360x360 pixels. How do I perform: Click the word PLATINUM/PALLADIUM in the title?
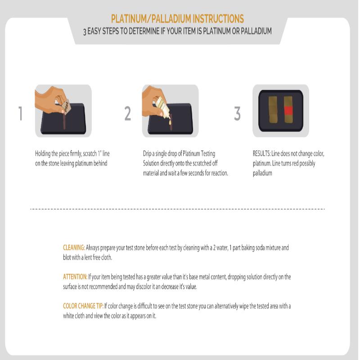tap(151, 19)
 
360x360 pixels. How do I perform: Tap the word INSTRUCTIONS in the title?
tap(218, 19)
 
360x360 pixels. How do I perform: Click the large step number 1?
tap(20, 113)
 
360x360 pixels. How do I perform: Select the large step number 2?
tap(128, 113)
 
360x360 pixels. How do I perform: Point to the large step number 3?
tap(238, 113)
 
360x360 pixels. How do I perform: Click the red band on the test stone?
tap(288, 111)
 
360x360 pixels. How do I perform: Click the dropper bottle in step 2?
tap(162, 105)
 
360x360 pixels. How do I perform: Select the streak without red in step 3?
tap(273, 109)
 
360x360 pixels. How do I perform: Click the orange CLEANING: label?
tap(74, 248)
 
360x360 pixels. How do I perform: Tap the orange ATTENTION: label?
tap(75, 277)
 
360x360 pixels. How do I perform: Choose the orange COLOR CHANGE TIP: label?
tap(83, 306)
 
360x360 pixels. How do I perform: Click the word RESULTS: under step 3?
tap(261, 153)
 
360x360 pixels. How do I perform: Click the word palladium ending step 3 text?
tap(262, 173)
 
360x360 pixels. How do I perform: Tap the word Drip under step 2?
tap(147, 153)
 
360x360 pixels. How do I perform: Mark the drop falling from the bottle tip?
tap(170, 122)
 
